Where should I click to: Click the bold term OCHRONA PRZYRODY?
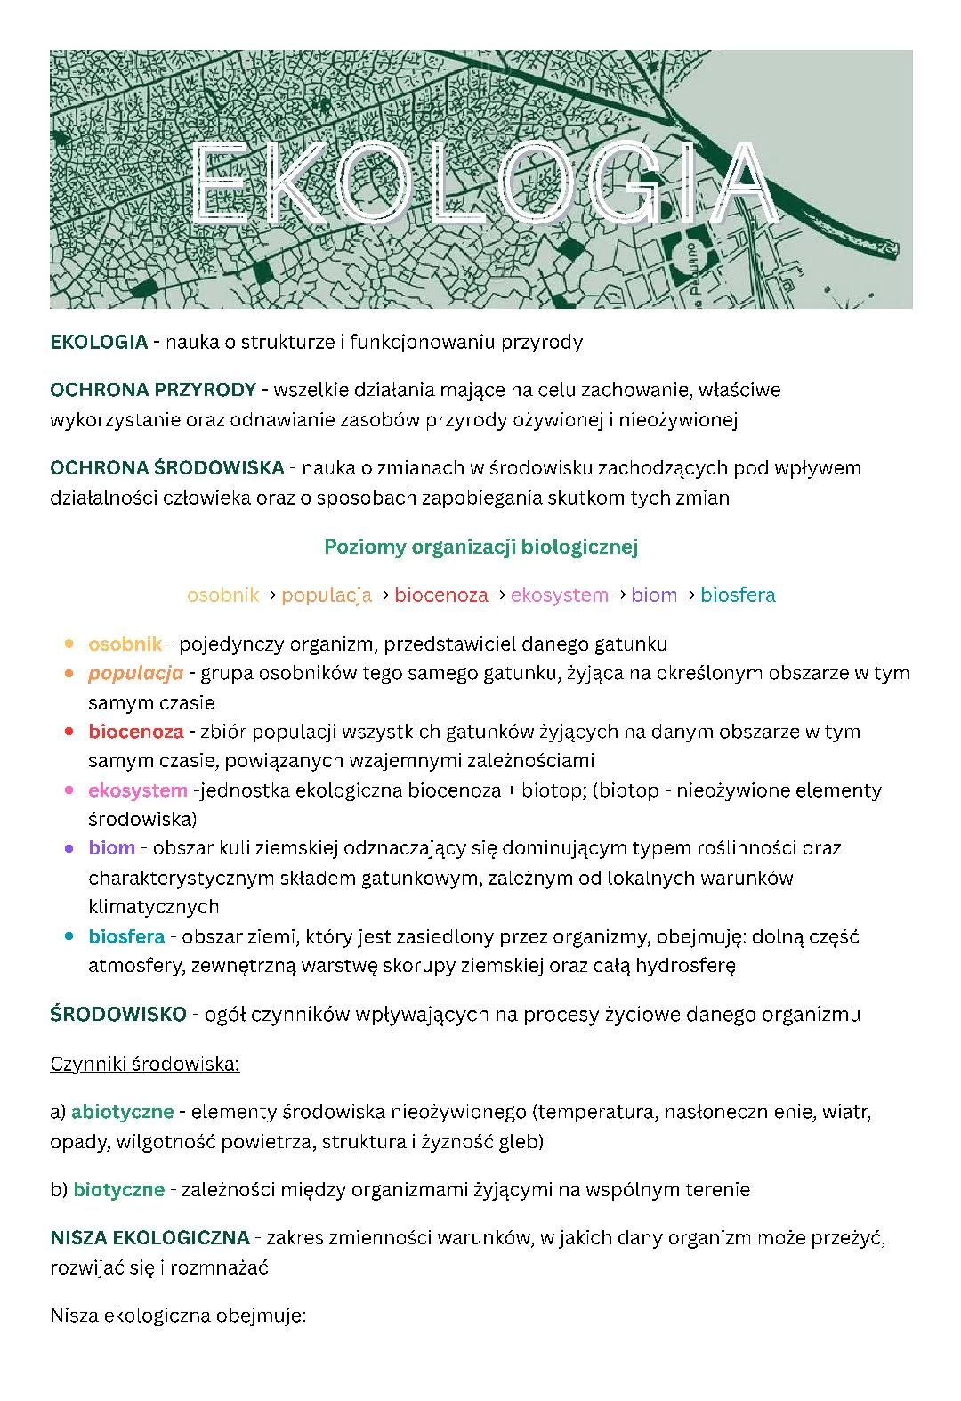(x=152, y=390)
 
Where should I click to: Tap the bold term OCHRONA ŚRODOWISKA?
(x=166, y=468)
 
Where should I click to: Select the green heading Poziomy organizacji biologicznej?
(x=480, y=547)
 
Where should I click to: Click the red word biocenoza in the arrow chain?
(x=441, y=595)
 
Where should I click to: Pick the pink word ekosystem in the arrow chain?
(x=560, y=595)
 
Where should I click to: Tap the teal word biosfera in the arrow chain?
(x=738, y=595)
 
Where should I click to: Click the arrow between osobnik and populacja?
(x=270, y=595)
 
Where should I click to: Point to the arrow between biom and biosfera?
(x=689, y=595)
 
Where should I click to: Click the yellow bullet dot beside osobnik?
(x=69, y=644)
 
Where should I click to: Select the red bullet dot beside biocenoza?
(x=69, y=732)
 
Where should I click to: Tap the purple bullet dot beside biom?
(x=69, y=848)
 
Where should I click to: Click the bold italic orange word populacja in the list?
(x=135, y=673)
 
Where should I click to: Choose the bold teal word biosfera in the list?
(x=126, y=936)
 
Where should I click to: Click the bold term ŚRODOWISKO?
(x=118, y=1015)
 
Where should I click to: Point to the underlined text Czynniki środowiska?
(x=145, y=1064)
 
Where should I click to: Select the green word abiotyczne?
(x=122, y=1112)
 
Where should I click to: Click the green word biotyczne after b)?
(x=118, y=1190)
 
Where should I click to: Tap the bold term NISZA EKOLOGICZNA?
(x=149, y=1238)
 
